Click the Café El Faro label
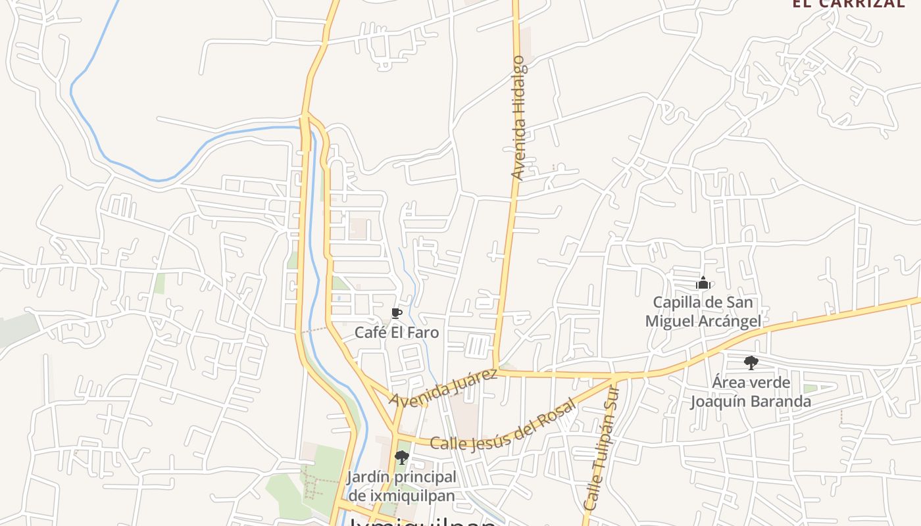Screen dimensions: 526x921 (x=397, y=332)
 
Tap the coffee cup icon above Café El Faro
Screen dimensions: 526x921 (x=396, y=313)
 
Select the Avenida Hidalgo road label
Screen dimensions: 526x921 (x=519, y=118)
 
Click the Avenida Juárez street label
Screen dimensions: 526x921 (x=443, y=387)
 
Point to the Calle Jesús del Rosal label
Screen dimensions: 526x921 (x=503, y=426)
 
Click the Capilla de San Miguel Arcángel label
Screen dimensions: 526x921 (x=703, y=312)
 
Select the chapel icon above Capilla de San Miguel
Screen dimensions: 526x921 (x=703, y=283)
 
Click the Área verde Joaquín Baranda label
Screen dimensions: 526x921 (x=751, y=392)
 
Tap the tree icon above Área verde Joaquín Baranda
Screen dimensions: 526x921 (x=751, y=363)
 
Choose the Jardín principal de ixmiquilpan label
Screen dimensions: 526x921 (x=401, y=486)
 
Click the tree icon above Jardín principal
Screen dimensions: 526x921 (x=401, y=458)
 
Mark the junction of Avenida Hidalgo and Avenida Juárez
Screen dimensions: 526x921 (x=497, y=372)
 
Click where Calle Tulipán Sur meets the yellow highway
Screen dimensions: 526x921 (x=614, y=377)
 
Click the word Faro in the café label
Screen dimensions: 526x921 (x=424, y=332)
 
